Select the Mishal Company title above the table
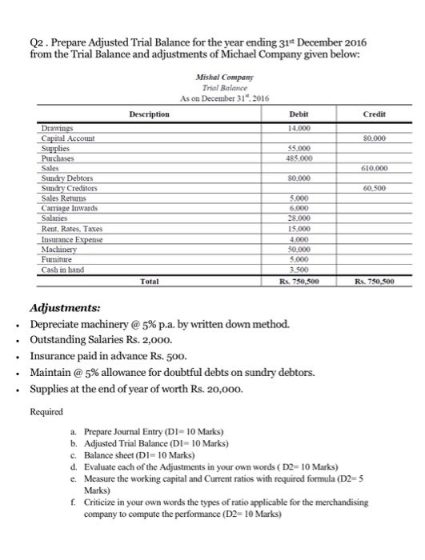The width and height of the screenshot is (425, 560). (x=212, y=75)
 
